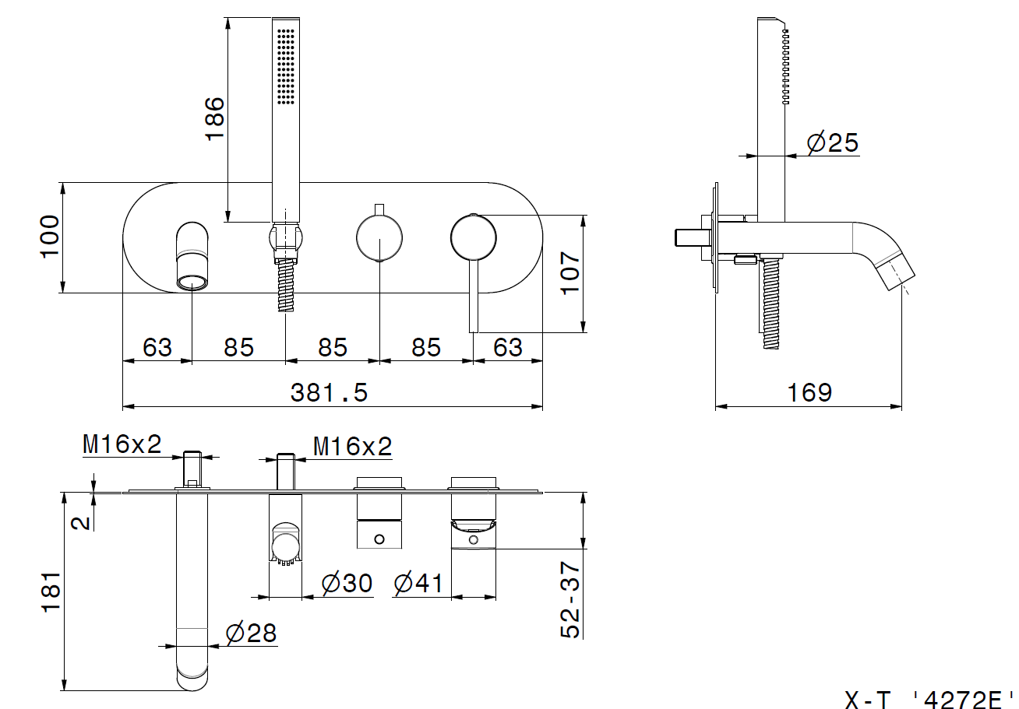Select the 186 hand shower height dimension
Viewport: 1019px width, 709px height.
click(x=213, y=118)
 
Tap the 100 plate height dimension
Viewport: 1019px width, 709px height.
click(x=49, y=237)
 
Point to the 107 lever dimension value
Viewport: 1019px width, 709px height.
click(x=571, y=273)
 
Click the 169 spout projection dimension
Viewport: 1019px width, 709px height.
click(x=809, y=392)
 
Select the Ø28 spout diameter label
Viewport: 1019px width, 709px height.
click(x=251, y=634)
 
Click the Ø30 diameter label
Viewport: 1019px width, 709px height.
click(x=347, y=584)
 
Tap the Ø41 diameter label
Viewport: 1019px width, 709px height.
click(x=418, y=584)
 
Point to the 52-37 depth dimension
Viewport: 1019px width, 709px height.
click(x=571, y=600)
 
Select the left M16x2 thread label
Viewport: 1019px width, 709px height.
click(x=122, y=444)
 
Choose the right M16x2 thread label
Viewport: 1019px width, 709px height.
click(x=353, y=447)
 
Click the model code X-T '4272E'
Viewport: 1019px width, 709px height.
click(x=930, y=700)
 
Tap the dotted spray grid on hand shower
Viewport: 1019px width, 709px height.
click(x=285, y=66)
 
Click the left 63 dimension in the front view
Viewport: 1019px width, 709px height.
click(x=157, y=347)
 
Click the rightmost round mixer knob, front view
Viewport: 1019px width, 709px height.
click(x=473, y=237)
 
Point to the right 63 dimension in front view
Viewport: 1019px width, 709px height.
click(x=508, y=347)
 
